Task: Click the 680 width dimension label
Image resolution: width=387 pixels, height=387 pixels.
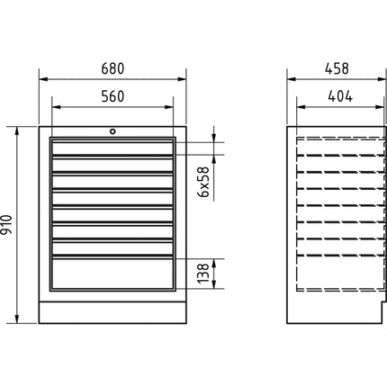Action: (112, 68)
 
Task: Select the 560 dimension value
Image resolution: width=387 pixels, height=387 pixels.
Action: (112, 96)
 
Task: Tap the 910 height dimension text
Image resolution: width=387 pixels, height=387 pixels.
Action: (6, 225)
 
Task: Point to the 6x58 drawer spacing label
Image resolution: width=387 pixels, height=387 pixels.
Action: (203, 182)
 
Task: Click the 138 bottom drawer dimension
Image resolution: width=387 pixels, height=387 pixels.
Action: (203, 274)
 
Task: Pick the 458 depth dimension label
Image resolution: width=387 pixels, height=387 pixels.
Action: (337, 68)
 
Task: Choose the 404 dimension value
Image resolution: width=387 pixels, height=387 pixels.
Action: (340, 96)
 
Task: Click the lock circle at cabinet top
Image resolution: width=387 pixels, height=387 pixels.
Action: (112, 131)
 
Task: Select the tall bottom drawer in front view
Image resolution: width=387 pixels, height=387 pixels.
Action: (112, 273)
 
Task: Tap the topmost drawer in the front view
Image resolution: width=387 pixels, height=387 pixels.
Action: (112, 148)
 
